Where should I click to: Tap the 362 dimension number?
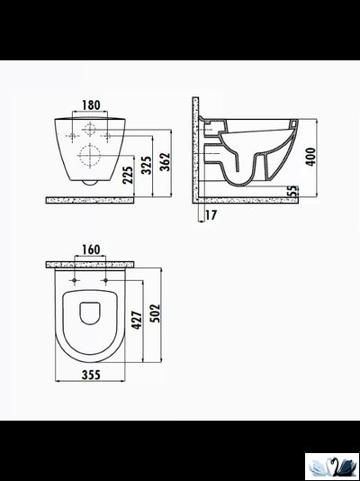point(165,160)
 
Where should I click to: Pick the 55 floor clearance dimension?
point(293,192)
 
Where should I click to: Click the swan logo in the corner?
point(331,466)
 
